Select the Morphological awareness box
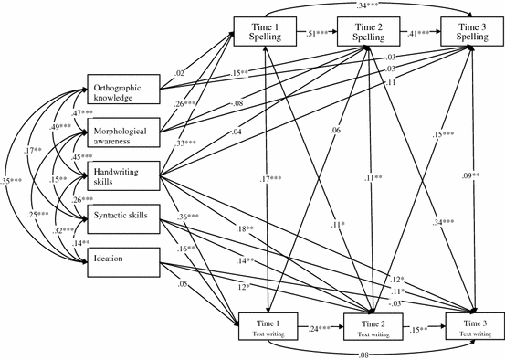pyautogui.click(x=122, y=132)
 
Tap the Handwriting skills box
pyautogui.click(x=122, y=175)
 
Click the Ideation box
pyautogui.click(x=122, y=259)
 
